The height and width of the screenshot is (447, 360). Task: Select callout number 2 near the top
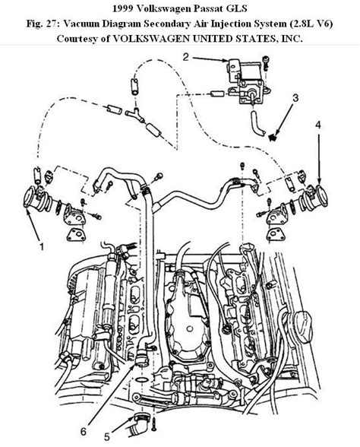[x=185, y=55]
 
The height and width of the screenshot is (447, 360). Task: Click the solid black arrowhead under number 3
[x=273, y=135]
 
